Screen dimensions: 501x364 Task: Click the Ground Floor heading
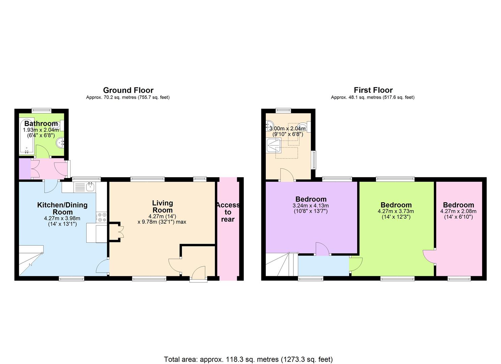pos(128,90)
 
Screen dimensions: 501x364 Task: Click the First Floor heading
pos(373,90)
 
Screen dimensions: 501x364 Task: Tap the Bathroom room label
pos(41,123)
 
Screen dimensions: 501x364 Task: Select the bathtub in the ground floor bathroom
pos(27,136)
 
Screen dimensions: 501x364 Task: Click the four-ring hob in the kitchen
pos(102,217)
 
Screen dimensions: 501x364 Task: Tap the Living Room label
pos(162,207)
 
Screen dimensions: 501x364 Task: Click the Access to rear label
pos(228,212)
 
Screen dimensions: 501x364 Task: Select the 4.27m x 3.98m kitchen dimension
pos(62,218)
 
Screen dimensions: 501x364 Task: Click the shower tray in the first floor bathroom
pos(274,145)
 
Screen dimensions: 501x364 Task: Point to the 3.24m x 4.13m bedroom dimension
pos(311,206)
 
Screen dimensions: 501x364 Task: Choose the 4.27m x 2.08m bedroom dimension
pos(458,211)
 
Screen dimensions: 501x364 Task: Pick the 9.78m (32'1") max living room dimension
pos(162,222)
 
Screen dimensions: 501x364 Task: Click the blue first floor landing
pos(324,266)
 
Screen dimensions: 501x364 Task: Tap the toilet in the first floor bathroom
pos(304,127)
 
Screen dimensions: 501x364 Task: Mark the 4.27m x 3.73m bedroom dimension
pos(396,211)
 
